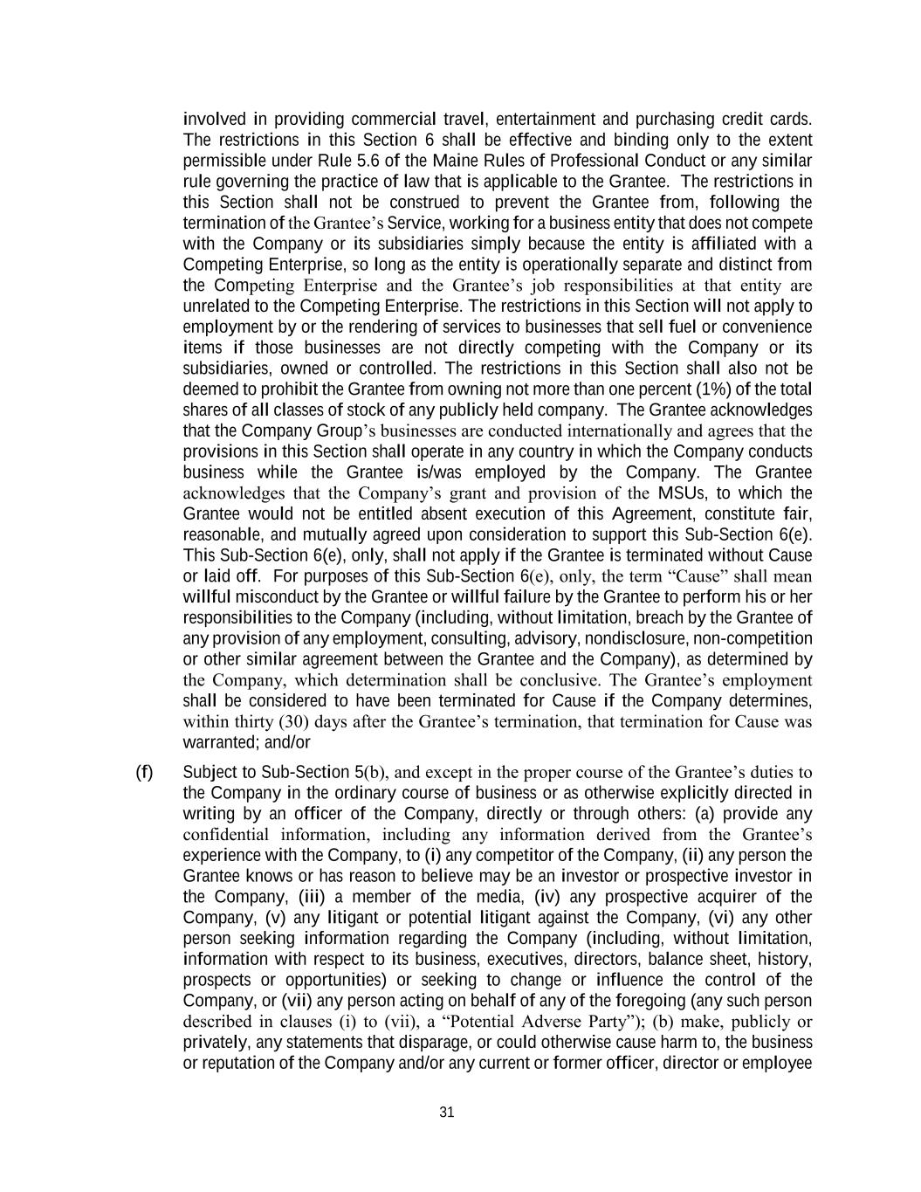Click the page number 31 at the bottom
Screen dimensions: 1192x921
tap(447, 1112)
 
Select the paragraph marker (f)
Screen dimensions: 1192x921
tap(144, 772)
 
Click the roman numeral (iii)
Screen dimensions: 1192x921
tap(313, 897)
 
